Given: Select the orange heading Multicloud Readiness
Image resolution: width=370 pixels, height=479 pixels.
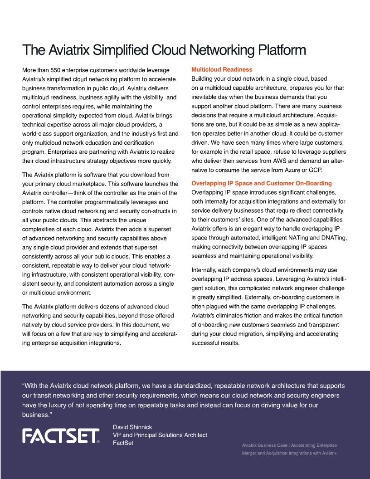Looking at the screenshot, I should click(x=222, y=70).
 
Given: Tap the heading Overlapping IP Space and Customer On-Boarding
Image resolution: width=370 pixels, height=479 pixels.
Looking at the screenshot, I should click(x=262, y=183).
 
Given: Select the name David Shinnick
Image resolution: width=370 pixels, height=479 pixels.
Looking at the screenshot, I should click(x=132, y=427).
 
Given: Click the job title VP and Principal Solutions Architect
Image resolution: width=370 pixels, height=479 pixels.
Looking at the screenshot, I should click(x=160, y=435).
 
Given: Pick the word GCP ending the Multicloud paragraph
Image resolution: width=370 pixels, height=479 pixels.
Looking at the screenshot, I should click(x=313, y=170).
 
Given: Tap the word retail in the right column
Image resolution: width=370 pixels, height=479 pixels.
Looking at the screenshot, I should click(x=241, y=152).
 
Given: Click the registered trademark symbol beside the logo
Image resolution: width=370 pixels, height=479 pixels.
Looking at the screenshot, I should click(x=98, y=441).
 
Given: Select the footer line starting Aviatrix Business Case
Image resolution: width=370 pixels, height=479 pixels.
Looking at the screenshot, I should click(x=289, y=445).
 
